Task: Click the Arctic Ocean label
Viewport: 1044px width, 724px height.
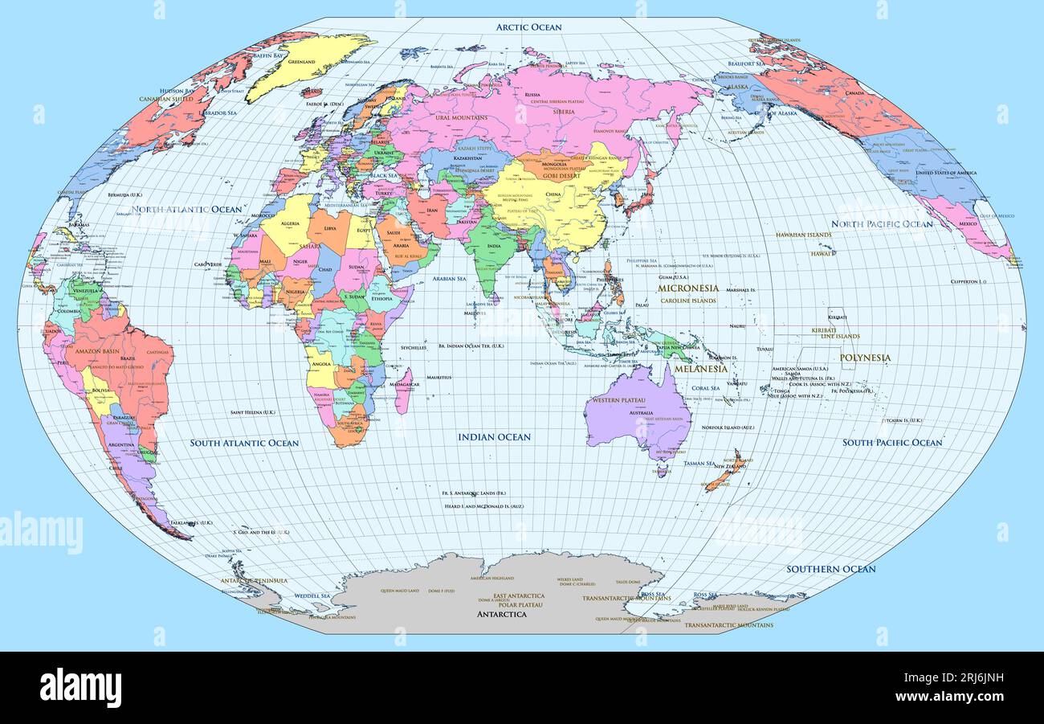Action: click(528, 27)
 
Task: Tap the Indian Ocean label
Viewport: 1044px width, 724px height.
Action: click(494, 437)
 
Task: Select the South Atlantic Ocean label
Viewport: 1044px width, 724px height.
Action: click(244, 443)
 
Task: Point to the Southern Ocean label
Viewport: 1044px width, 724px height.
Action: click(830, 569)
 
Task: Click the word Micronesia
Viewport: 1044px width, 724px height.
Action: click(687, 288)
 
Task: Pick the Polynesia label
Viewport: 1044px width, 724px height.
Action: click(865, 358)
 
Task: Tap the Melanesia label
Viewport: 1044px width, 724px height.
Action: click(700, 369)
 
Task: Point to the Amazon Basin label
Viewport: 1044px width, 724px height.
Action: click(98, 351)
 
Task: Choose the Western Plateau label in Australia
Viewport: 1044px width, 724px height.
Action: click(615, 400)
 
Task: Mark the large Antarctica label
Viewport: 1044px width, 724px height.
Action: click(502, 614)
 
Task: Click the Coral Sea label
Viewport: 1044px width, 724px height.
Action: click(706, 388)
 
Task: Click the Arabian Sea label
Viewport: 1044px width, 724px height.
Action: click(450, 279)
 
